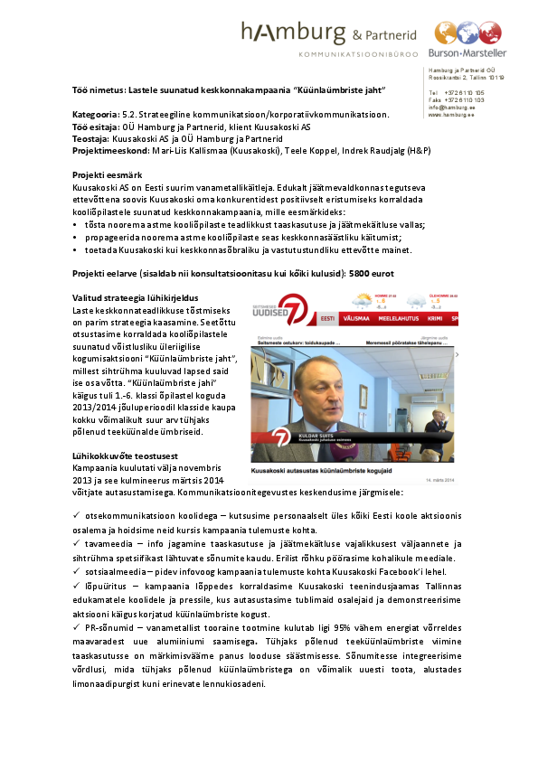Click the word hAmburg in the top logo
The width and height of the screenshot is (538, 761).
(294, 34)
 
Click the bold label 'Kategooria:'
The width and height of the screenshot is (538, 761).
(97, 115)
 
